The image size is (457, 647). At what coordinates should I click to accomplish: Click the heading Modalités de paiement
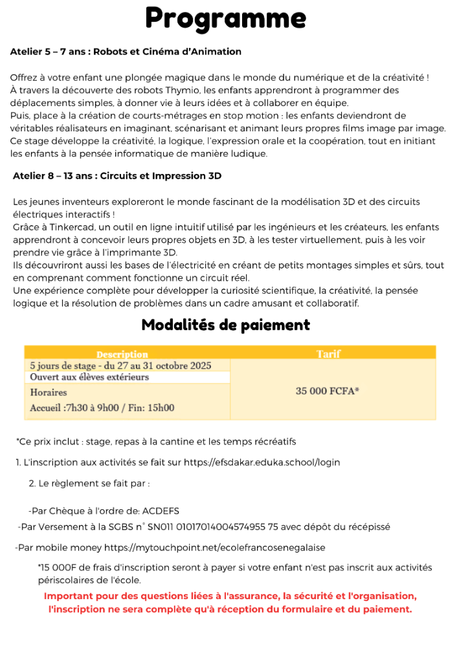point(225,325)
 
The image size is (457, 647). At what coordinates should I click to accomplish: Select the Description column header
point(122,354)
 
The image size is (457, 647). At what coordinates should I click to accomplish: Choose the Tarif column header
point(328,354)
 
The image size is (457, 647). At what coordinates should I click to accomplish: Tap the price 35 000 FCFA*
point(328,391)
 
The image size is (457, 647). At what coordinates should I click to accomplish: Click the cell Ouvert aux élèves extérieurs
point(89,377)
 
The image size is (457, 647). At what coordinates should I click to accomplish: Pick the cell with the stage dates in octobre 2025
point(120,366)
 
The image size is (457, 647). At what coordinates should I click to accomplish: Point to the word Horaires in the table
point(49,393)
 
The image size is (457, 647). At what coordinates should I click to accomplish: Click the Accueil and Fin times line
point(102,408)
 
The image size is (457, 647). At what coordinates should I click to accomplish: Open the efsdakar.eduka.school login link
point(262,463)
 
